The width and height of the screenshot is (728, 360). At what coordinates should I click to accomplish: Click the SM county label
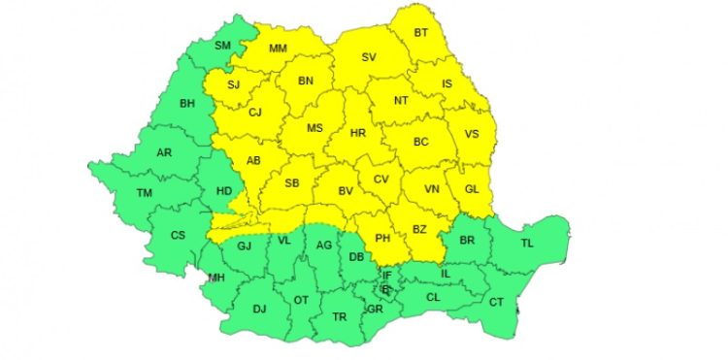click(222, 46)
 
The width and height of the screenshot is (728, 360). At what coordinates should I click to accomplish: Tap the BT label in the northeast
click(421, 33)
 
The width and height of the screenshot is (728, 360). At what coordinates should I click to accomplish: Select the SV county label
click(369, 58)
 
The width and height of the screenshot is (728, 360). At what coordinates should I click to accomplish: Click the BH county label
click(187, 104)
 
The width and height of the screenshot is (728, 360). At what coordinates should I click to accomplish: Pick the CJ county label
click(255, 113)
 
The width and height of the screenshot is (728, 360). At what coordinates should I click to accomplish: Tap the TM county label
click(145, 194)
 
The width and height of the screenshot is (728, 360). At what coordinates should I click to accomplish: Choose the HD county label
click(224, 191)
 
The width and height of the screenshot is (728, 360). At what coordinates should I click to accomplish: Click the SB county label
click(292, 183)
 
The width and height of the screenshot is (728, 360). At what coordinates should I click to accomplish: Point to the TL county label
click(527, 242)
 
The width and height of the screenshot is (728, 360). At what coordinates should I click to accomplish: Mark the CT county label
click(497, 303)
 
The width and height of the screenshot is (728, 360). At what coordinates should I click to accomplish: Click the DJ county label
click(259, 310)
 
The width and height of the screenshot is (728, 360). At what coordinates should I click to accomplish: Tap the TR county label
click(340, 317)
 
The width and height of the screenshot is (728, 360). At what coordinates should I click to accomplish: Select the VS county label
click(473, 135)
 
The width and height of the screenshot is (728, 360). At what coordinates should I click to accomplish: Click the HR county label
click(357, 134)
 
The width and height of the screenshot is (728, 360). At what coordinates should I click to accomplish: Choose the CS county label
click(178, 235)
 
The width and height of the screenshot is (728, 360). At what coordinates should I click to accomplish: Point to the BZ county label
click(420, 229)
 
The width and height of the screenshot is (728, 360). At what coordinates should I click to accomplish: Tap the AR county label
click(165, 153)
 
